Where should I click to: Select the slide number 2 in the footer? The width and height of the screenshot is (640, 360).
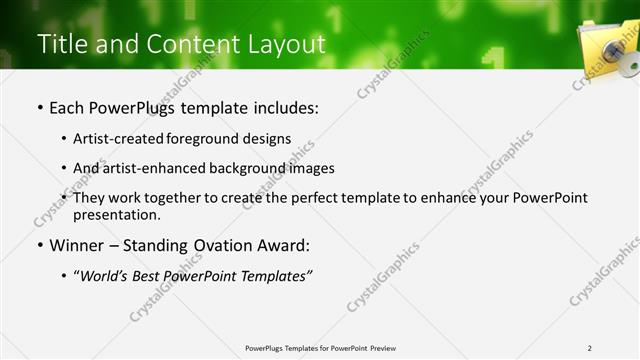[590, 348]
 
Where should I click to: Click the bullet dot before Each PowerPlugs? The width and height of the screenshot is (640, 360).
[40, 106]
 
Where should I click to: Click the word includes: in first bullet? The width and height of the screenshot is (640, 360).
[282, 105]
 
